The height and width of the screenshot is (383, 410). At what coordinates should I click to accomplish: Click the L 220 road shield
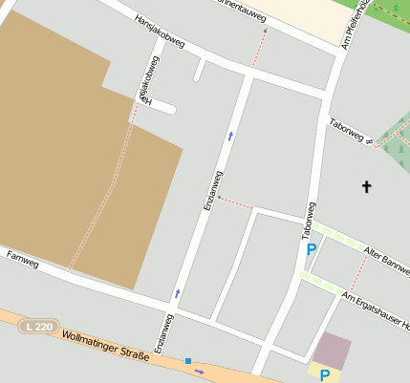click(x=39, y=327)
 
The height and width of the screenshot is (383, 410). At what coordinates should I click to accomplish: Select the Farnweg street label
click(x=22, y=257)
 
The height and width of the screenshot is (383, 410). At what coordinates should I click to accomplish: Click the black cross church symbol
click(x=366, y=186)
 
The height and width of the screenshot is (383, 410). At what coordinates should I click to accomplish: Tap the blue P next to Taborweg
click(x=311, y=249)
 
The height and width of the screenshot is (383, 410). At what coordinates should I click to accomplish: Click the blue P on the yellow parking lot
click(x=324, y=374)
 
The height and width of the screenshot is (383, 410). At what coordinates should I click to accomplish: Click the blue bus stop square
click(x=188, y=361)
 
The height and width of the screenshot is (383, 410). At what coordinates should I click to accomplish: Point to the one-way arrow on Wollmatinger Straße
click(x=199, y=371)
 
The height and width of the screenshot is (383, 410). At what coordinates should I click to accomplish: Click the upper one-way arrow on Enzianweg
click(x=229, y=137)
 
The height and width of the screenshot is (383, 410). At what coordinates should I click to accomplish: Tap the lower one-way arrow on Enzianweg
click(x=177, y=292)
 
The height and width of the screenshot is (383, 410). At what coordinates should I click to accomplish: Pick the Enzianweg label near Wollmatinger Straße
click(x=162, y=334)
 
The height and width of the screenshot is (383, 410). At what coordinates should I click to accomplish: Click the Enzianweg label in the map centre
click(x=211, y=190)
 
